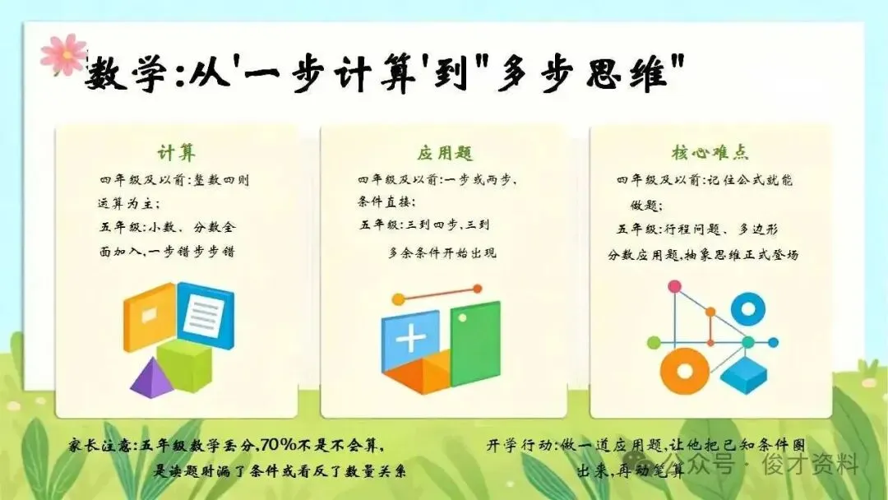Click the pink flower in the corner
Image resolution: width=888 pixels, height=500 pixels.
tap(64, 54)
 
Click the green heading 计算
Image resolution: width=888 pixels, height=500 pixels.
tap(176, 153)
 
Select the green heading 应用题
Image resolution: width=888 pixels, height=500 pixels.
tap(445, 153)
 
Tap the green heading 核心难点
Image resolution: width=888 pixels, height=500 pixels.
tap(710, 152)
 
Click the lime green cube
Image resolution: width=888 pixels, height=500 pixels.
tap(185, 364)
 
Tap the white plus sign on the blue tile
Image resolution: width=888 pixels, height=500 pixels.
tap(411, 339)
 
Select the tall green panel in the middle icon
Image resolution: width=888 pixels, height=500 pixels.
tap(475, 343)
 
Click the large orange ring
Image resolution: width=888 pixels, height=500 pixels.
tap(685, 372)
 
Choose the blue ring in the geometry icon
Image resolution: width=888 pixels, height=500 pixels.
tap(747, 309)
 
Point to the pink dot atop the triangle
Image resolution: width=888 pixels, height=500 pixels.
tap(674, 286)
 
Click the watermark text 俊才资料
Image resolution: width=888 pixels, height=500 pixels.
tap(811, 465)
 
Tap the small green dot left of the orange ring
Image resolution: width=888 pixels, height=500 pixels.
tap(654, 343)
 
